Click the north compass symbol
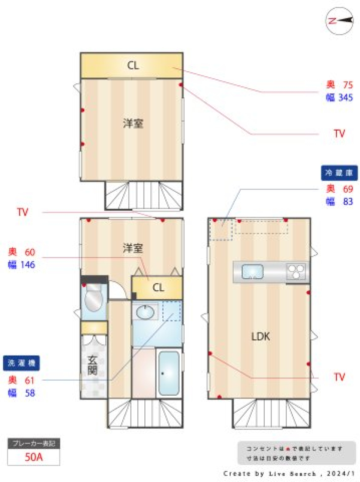pyautogui.click(x=339, y=20)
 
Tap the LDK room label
pyautogui.click(x=261, y=336)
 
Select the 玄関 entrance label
pyautogui.click(x=93, y=365)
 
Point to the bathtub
pyautogui.click(x=168, y=373)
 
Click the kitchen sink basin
pyautogui.click(x=252, y=272)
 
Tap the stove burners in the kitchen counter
pyautogui.click(x=296, y=272)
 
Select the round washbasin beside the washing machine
pyautogui.click(x=145, y=312)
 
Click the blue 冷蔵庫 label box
pyautogui.click(x=339, y=173)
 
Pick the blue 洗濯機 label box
pyautogui.click(x=21, y=363)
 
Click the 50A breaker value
pyautogui.click(x=34, y=457)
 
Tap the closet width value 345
pyautogui.click(x=345, y=98)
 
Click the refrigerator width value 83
pyautogui.click(x=348, y=202)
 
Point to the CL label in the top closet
pyautogui.click(x=133, y=66)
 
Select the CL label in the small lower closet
pyautogui.click(x=158, y=288)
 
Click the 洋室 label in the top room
pyautogui.click(x=133, y=123)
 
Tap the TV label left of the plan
pyautogui.click(x=22, y=212)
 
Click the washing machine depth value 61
pyautogui.click(x=30, y=380)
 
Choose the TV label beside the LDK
pyautogui.click(x=339, y=377)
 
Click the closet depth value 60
pyautogui.click(x=30, y=252)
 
